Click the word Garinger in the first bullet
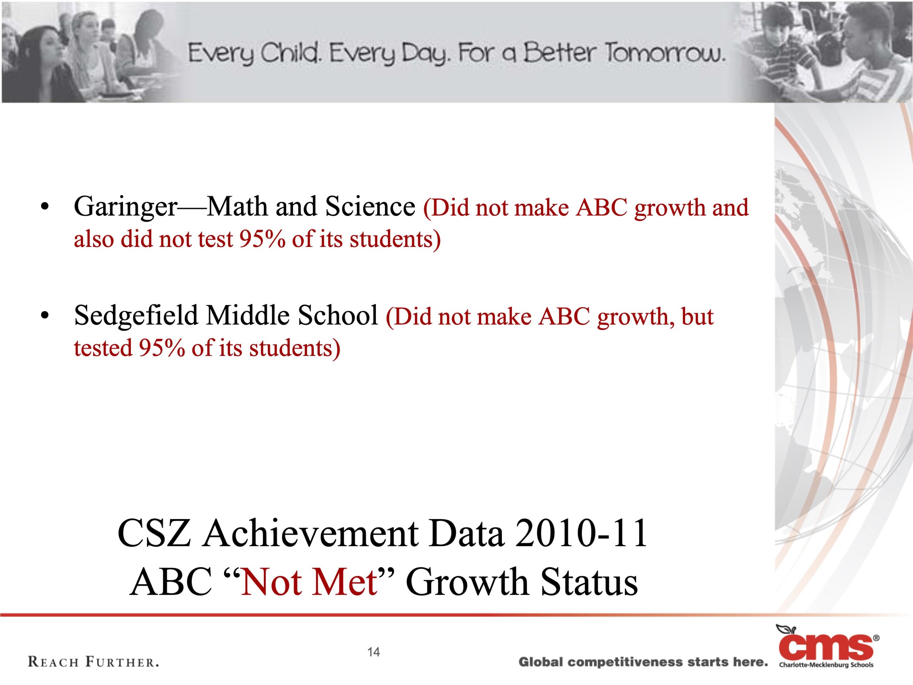(x=126, y=208)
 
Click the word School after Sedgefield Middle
(x=338, y=316)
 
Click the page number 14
(x=373, y=652)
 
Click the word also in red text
(x=94, y=239)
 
